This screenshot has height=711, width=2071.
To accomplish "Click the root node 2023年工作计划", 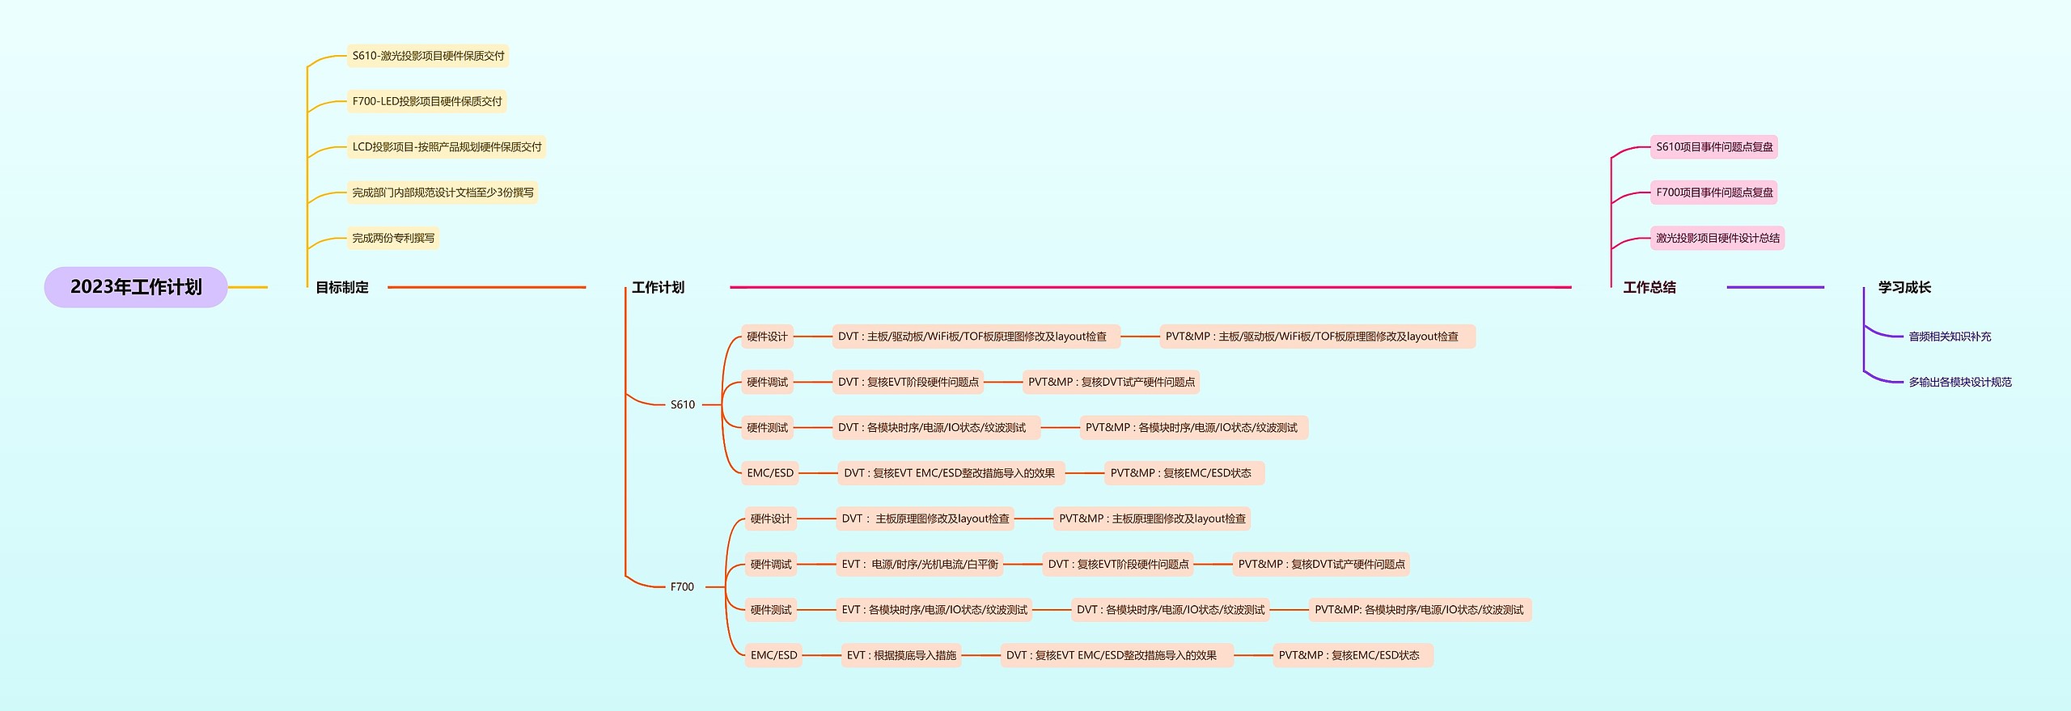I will coord(136,287).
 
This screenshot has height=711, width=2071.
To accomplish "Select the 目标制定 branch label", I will coord(341,287).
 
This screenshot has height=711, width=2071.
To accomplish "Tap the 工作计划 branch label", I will coord(658,287).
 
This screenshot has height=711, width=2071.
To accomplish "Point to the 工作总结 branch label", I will coord(1649,287).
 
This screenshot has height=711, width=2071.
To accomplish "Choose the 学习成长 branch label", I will coord(1904,287).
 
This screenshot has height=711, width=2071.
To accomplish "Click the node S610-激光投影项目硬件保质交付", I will coord(428,56).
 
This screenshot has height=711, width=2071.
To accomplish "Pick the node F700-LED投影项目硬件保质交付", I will coord(427,101).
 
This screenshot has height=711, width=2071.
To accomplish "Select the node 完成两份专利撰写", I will coord(393,238).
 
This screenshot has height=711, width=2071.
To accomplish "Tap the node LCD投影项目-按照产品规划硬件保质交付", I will coord(447,146).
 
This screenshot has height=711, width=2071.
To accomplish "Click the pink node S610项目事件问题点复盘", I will coord(1714,146).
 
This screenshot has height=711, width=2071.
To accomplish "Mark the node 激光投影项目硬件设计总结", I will coord(1717,238).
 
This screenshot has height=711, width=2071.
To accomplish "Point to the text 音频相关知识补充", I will coord(1950,336).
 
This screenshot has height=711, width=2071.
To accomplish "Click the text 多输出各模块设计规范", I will coord(1960,382).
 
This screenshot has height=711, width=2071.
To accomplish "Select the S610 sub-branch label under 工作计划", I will coord(682,404).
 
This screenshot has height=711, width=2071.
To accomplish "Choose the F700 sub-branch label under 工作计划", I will coord(682,586).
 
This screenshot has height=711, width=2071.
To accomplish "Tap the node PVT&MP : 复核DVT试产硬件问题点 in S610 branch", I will coord(1111,382).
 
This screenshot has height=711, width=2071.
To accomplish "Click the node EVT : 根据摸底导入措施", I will coord(901,655).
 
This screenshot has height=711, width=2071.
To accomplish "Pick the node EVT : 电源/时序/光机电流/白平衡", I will coord(920,564).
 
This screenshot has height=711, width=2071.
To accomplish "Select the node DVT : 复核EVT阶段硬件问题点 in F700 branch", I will coord(1118,564).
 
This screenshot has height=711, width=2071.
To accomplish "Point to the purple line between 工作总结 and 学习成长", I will coord(1775,287).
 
